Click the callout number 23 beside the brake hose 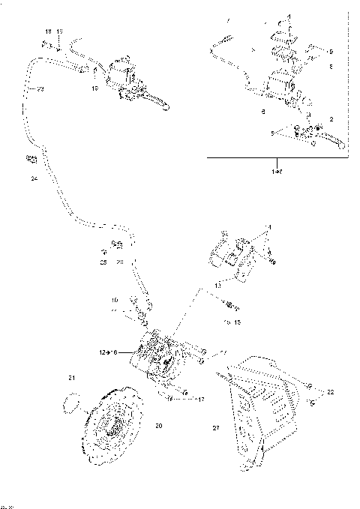40,89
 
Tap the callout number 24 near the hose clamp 33,179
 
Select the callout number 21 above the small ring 72,377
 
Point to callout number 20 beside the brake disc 158,427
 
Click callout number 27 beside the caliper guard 215,428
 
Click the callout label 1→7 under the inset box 278,172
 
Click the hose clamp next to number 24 31,160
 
